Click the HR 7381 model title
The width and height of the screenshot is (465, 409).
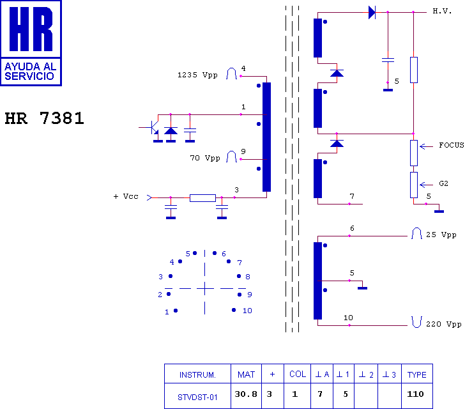point(45,118)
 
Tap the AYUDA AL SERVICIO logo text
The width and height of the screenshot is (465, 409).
point(30,71)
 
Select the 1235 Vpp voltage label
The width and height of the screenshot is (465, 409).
point(197,75)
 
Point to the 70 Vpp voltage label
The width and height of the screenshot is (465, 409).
point(205,158)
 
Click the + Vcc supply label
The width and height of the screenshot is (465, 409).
point(126,196)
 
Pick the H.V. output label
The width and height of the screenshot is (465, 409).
point(442,12)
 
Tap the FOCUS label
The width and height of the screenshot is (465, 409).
point(451,145)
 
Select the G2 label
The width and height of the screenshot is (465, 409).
point(443,183)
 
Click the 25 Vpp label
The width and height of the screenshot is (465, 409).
point(441,235)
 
